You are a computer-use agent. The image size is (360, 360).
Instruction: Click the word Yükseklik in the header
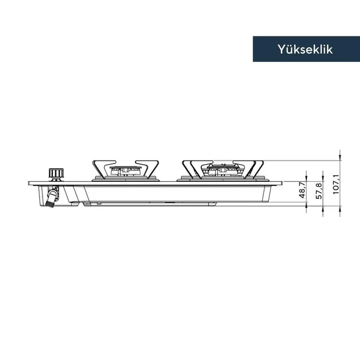tap(305, 49)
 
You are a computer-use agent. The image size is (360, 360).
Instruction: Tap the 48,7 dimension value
tap(302, 190)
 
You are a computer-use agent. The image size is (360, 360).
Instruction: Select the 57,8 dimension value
tap(319, 191)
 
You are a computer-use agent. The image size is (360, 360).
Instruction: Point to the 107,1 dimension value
tap(336, 184)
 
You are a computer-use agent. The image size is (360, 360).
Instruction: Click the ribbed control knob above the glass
tap(56, 173)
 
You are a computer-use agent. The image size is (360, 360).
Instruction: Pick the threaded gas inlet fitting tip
tap(50, 204)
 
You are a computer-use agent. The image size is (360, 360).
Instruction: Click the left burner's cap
tap(125, 167)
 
